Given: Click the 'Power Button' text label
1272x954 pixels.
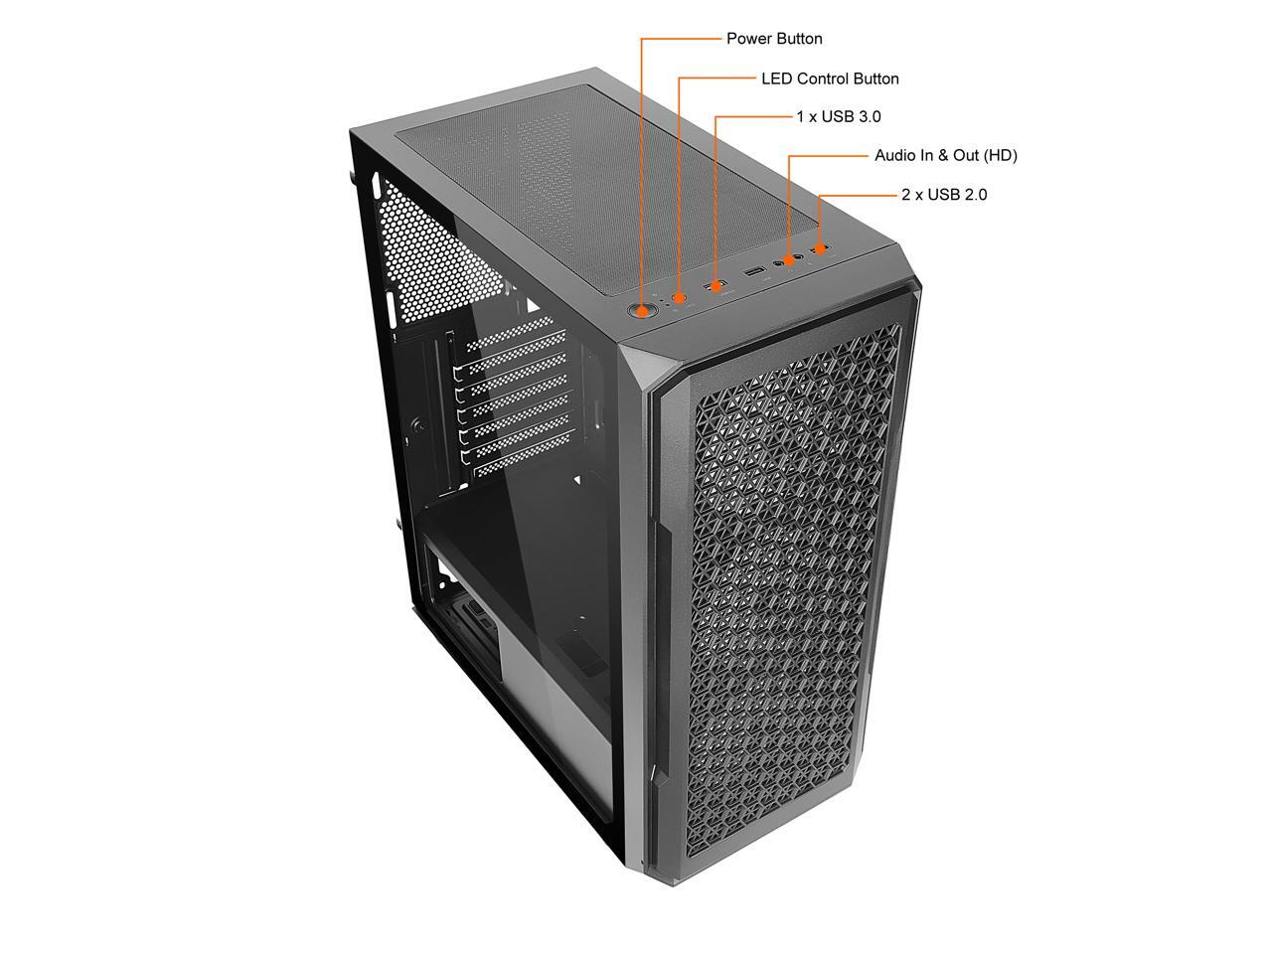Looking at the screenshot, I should coord(774,39).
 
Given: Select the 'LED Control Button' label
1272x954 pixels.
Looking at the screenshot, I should coord(830,79).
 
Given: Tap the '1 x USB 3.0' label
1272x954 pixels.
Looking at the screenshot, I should coord(838,116).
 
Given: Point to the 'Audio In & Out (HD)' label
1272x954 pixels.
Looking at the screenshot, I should coord(945,155).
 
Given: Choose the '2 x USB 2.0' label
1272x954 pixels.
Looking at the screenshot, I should coord(944,195).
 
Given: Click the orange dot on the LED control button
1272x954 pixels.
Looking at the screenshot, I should coord(680,297).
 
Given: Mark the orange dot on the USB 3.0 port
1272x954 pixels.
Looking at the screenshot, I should coord(715,286).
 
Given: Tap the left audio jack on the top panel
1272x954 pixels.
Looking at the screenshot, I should coord(778,262).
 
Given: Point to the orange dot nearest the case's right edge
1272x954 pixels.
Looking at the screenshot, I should coord(821,248).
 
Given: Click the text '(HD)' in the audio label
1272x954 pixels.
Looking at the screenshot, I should coord(1000,155).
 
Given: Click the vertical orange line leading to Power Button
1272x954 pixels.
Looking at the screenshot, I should coord(641,169).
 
